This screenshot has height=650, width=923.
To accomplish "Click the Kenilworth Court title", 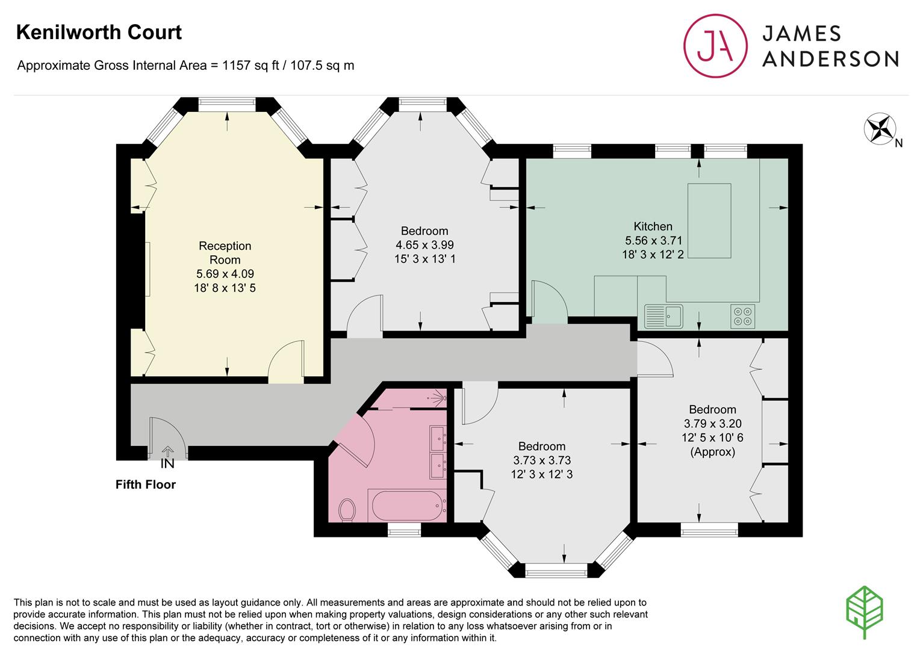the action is click(99, 32).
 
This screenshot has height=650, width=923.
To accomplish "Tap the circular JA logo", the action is click(715, 46).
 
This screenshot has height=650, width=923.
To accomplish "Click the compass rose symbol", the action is click(880, 129).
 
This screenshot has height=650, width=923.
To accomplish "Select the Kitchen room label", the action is click(653, 226).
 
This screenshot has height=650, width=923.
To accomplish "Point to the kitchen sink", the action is click(664, 317).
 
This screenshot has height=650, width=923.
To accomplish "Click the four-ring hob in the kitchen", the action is click(742, 317).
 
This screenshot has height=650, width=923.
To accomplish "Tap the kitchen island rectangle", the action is click(709, 221).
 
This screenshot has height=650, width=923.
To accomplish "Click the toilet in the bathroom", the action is click(347, 510).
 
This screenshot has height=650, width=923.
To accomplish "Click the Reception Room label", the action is click(225, 253).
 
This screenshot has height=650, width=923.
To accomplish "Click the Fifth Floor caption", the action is click(146, 484).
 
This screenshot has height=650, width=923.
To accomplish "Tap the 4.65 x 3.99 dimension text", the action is click(425, 245).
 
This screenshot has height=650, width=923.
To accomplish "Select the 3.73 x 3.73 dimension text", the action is click(542, 460).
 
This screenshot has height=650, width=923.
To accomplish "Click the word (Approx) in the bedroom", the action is click(712, 452).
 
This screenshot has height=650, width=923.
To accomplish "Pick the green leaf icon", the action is click(865, 611).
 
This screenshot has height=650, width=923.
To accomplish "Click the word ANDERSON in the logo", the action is click(830, 59).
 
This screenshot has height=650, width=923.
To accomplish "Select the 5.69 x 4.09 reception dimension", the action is click(225, 273).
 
